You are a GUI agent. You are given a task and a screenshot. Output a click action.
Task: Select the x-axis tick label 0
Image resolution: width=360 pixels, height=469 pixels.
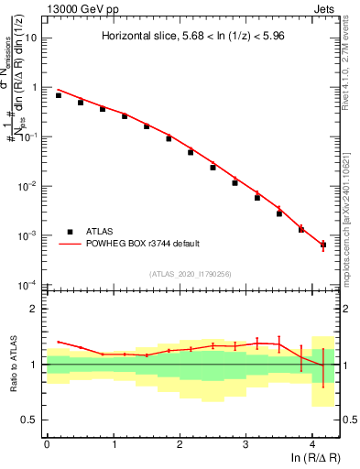point(47,443)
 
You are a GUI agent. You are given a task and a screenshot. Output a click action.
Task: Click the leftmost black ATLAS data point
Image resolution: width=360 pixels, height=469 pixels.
point(58,95)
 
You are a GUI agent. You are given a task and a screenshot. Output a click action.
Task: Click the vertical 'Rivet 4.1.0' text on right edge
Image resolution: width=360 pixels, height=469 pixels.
point(351,55)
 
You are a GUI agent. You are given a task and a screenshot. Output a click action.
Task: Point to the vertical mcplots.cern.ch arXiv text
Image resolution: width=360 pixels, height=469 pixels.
point(351,192)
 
